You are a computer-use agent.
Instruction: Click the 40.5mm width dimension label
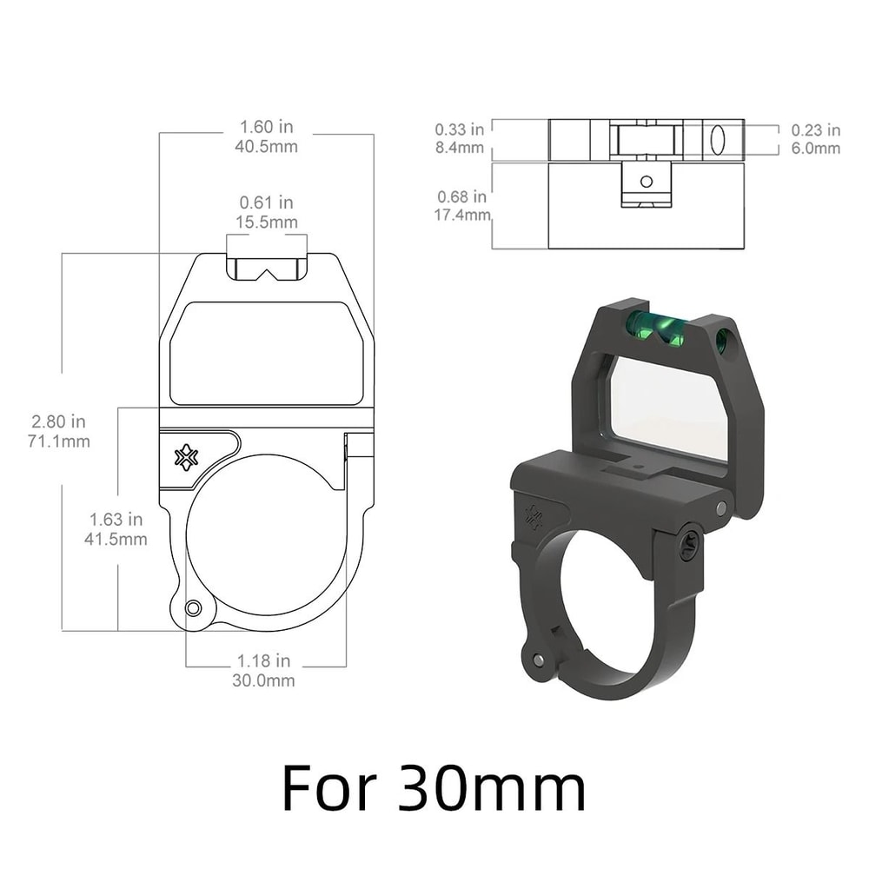(266, 147)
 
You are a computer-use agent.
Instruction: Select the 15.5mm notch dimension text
(268, 222)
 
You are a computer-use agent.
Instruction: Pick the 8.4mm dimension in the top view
(460, 148)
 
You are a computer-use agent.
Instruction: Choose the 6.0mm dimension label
(816, 149)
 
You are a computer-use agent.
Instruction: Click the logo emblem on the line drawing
(186, 457)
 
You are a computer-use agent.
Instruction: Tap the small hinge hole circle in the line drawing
(194, 607)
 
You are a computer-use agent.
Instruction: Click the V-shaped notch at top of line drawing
(267, 270)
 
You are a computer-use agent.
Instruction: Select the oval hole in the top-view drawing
(718, 140)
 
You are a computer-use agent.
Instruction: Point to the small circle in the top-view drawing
(646, 182)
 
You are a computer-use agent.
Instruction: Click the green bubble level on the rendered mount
(658, 328)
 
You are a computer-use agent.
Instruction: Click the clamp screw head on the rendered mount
(688, 546)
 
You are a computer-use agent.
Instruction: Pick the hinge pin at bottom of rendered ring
(540, 660)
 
